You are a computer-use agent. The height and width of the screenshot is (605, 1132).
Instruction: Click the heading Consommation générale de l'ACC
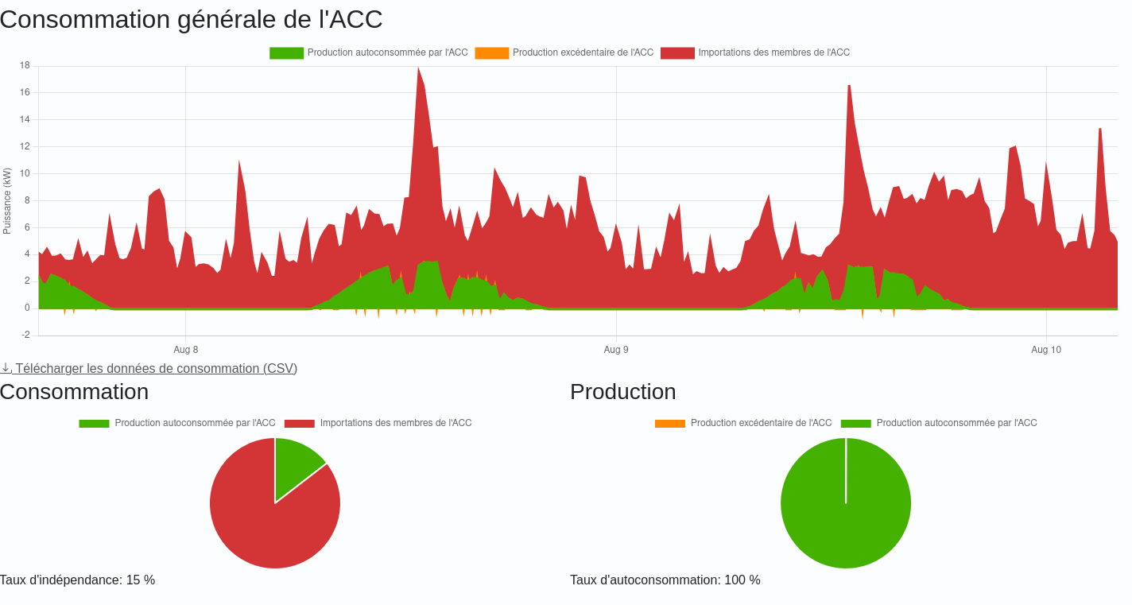191,19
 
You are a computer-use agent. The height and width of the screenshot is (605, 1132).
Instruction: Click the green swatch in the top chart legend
286,53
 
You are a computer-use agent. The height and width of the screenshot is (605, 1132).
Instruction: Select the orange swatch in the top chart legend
491,53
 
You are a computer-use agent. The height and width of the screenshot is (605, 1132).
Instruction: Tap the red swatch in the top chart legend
677,53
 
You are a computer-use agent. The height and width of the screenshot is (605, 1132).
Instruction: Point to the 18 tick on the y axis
25,66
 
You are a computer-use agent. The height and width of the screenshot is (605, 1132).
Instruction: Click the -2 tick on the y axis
25,335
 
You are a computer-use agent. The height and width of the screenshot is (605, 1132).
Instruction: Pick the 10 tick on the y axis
25,173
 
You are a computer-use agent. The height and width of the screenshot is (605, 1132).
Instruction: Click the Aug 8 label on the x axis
186,350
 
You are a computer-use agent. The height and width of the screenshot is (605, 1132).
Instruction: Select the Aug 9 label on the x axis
616,350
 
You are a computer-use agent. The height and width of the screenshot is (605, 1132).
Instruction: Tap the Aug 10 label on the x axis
1046,350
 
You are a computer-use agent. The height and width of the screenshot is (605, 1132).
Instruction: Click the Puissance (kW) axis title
7,201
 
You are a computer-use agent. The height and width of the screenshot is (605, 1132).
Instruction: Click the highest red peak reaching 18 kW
418,72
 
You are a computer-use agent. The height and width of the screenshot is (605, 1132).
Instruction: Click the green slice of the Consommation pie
294,464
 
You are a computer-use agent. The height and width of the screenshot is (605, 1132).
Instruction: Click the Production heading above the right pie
622,392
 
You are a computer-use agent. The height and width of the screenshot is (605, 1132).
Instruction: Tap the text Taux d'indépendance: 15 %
78,580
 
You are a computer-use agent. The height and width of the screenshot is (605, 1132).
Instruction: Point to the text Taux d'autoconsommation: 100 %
665,580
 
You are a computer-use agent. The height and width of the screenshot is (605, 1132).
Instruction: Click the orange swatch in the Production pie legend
669,424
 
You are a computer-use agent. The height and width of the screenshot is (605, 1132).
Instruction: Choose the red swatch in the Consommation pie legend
299,424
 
